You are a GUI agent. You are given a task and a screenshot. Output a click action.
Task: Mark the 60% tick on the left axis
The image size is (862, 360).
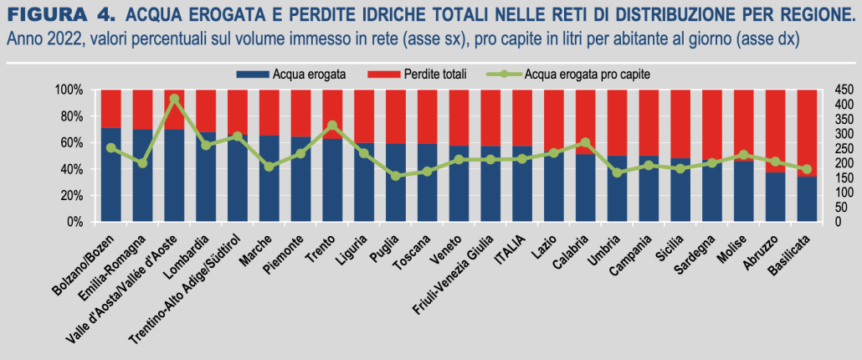(70, 143)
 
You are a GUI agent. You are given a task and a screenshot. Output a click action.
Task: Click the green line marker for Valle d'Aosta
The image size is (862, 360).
(174, 99)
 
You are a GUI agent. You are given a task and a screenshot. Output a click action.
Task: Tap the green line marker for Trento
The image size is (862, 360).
(332, 126)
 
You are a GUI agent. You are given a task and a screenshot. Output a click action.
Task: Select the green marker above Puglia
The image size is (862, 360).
(396, 176)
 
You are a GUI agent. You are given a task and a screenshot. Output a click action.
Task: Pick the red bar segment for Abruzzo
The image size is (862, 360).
(775, 130)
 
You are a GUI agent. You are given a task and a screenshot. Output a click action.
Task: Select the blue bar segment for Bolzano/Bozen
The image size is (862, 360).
(111, 176)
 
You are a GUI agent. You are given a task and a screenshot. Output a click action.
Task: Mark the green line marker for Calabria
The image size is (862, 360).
(586, 143)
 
